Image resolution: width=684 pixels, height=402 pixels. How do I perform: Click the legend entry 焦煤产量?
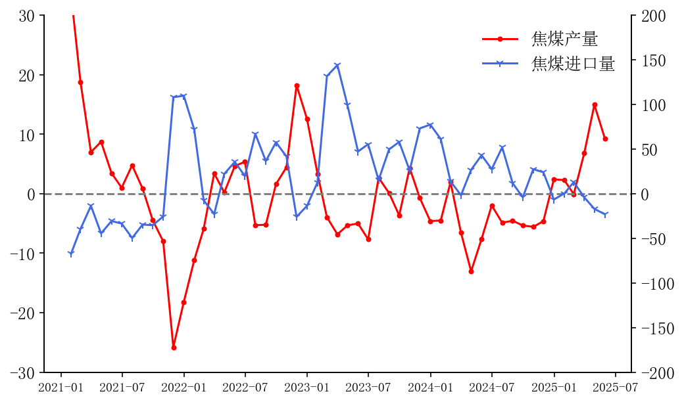point(564,39)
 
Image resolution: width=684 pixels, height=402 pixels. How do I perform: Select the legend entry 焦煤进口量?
point(573,64)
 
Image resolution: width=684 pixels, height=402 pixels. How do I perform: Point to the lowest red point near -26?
point(174,347)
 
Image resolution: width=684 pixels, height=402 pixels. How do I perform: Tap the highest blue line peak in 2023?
point(337,65)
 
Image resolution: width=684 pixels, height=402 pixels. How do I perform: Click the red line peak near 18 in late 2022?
point(297,85)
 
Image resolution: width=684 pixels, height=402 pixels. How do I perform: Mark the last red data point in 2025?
point(605,139)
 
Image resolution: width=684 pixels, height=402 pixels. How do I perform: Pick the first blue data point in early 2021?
point(70,254)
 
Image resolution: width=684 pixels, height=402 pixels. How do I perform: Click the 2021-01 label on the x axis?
point(61,388)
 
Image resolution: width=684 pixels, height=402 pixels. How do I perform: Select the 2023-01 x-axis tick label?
point(306,388)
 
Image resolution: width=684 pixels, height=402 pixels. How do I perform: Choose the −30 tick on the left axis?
point(28,372)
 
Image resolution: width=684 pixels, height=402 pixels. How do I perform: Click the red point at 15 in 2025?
point(595,104)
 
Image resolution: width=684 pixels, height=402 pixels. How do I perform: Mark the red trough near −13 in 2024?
point(471,271)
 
